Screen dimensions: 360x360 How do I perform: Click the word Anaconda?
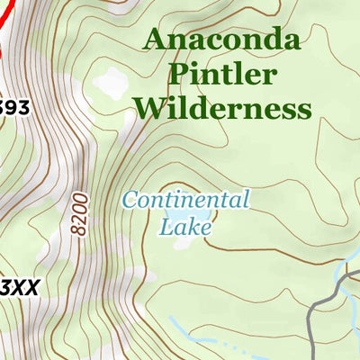click(x=221, y=40)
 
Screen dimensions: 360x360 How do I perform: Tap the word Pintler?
click(x=221, y=75)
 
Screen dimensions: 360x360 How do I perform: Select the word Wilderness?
click(x=221, y=110)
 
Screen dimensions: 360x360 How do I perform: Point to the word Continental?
click(x=185, y=200)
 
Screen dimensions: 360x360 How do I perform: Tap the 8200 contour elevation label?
click(x=79, y=212)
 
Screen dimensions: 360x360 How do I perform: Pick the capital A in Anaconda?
click(x=154, y=40)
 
